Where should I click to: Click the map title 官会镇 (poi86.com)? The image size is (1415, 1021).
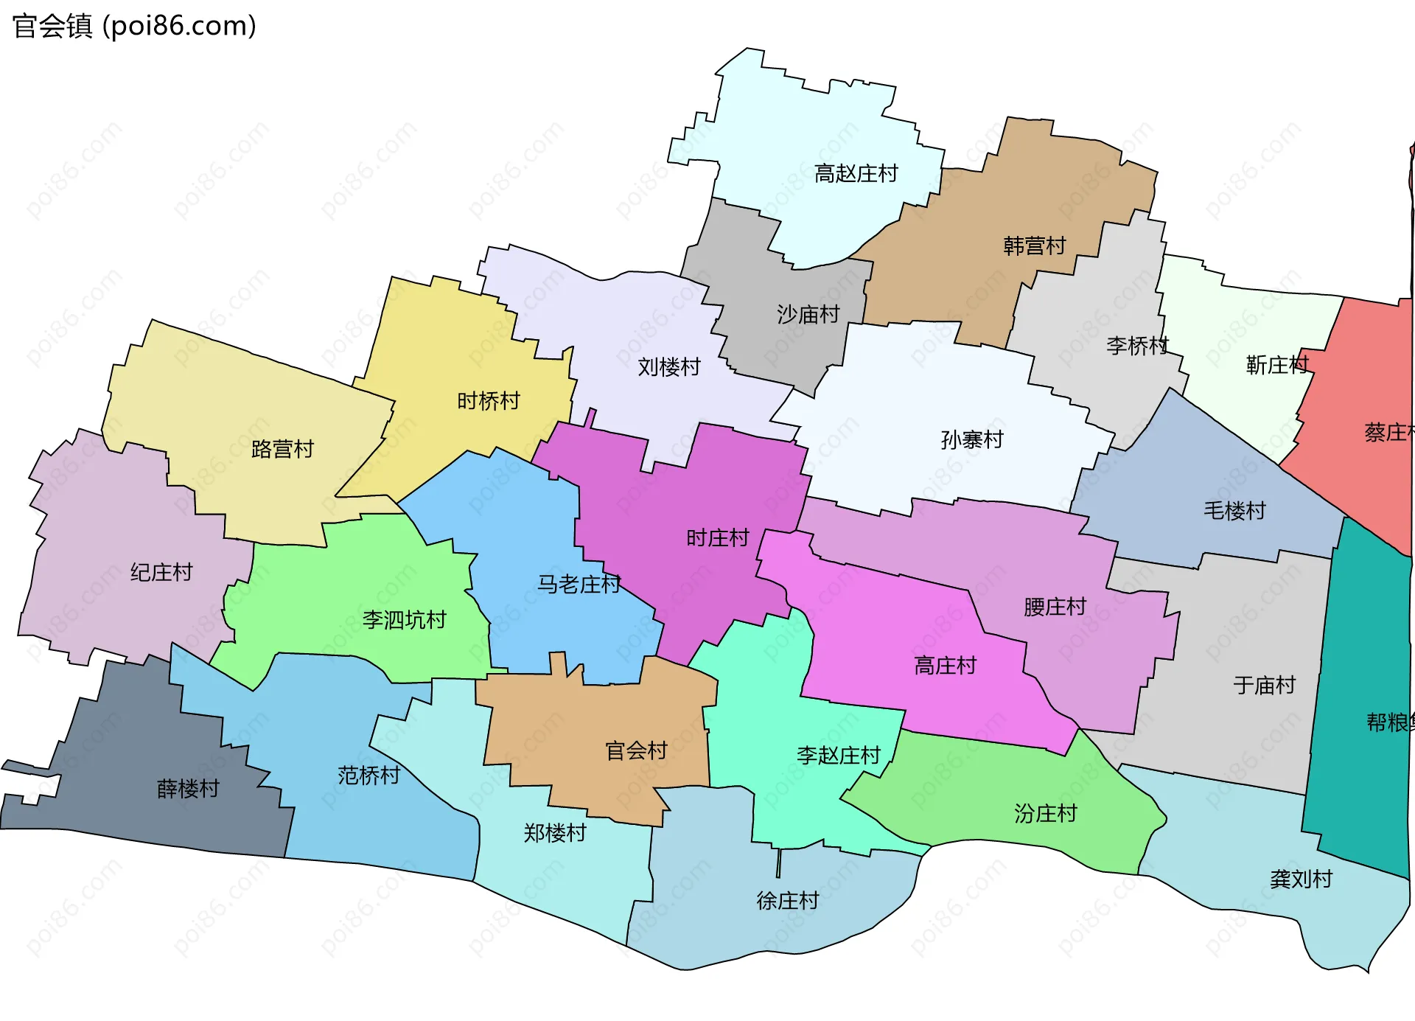pyautogui.click(x=134, y=27)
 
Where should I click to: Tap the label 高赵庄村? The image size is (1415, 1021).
pyautogui.click(x=856, y=174)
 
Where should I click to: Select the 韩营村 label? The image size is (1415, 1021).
pyautogui.click(x=1034, y=246)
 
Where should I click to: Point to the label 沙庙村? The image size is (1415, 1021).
pyautogui.click(x=808, y=315)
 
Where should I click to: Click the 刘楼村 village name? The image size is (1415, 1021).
pyautogui.click(x=668, y=367)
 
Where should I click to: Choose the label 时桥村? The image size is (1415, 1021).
pyautogui.click(x=488, y=401)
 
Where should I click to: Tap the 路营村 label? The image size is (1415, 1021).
pyautogui.click(x=282, y=449)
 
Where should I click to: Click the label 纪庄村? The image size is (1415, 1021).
pyautogui.click(x=161, y=572)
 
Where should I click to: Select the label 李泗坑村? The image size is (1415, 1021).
pyautogui.click(x=404, y=620)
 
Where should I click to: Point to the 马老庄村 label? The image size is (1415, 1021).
pyautogui.click(x=579, y=585)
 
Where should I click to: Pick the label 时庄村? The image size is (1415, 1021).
pyautogui.click(x=717, y=538)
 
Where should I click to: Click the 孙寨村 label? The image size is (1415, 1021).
pyautogui.click(x=972, y=440)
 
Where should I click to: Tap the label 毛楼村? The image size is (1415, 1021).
pyautogui.click(x=1234, y=510)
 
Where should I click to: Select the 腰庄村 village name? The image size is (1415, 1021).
pyautogui.click(x=1055, y=607)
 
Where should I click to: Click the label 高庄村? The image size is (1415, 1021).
pyautogui.click(x=945, y=666)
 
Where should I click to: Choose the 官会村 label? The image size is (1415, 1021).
pyautogui.click(x=636, y=751)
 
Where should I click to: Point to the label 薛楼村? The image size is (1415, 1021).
pyautogui.click(x=188, y=789)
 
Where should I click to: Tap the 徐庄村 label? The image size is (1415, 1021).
pyautogui.click(x=787, y=901)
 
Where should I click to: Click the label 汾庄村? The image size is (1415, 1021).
pyautogui.click(x=1045, y=814)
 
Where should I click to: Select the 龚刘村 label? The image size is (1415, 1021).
pyautogui.click(x=1301, y=879)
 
